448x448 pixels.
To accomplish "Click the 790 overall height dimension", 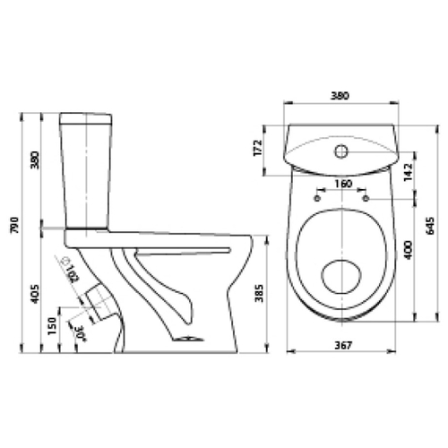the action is click(15, 225).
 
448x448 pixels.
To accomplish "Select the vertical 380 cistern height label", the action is click(35, 160).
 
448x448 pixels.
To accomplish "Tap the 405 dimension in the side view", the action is click(35, 294).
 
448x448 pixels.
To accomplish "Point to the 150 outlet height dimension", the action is click(52, 326).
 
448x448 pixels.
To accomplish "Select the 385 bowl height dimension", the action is click(259, 293).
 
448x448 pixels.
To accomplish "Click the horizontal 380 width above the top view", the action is click(340, 96).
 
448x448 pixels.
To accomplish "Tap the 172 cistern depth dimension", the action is click(257, 148).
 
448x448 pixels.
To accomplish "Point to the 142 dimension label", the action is click(408, 172).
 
